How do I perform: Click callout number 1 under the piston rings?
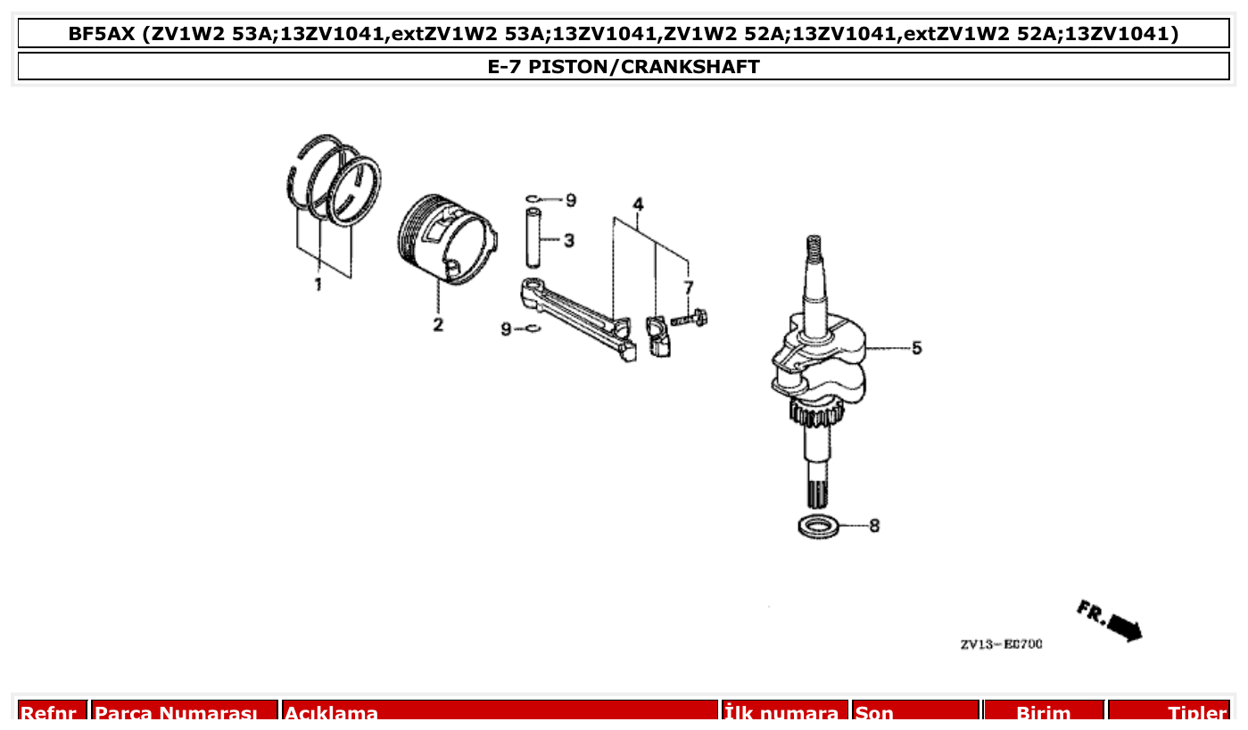pyautogui.click(x=318, y=285)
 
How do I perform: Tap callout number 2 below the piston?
pyautogui.click(x=438, y=324)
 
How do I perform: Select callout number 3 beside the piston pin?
pyautogui.click(x=568, y=240)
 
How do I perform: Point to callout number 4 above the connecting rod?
pyautogui.click(x=638, y=204)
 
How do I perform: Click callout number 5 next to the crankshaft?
pyautogui.click(x=916, y=347)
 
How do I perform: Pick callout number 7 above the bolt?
pyautogui.click(x=688, y=286)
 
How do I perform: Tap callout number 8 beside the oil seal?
pyautogui.click(x=874, y=526)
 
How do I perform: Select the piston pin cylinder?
pyautogui.click(x=533, y=237)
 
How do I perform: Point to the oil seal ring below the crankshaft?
pyautogui.click(x=818, y=527)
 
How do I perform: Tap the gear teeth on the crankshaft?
pyautogui.click(x=815, y=413)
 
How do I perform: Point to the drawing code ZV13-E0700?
pyautogui.click(x=1001, y=644)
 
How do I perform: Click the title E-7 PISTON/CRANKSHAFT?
pyautogui.click(x=624, y=67)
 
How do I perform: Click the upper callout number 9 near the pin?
pyautogui.click(x=570, y=200)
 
